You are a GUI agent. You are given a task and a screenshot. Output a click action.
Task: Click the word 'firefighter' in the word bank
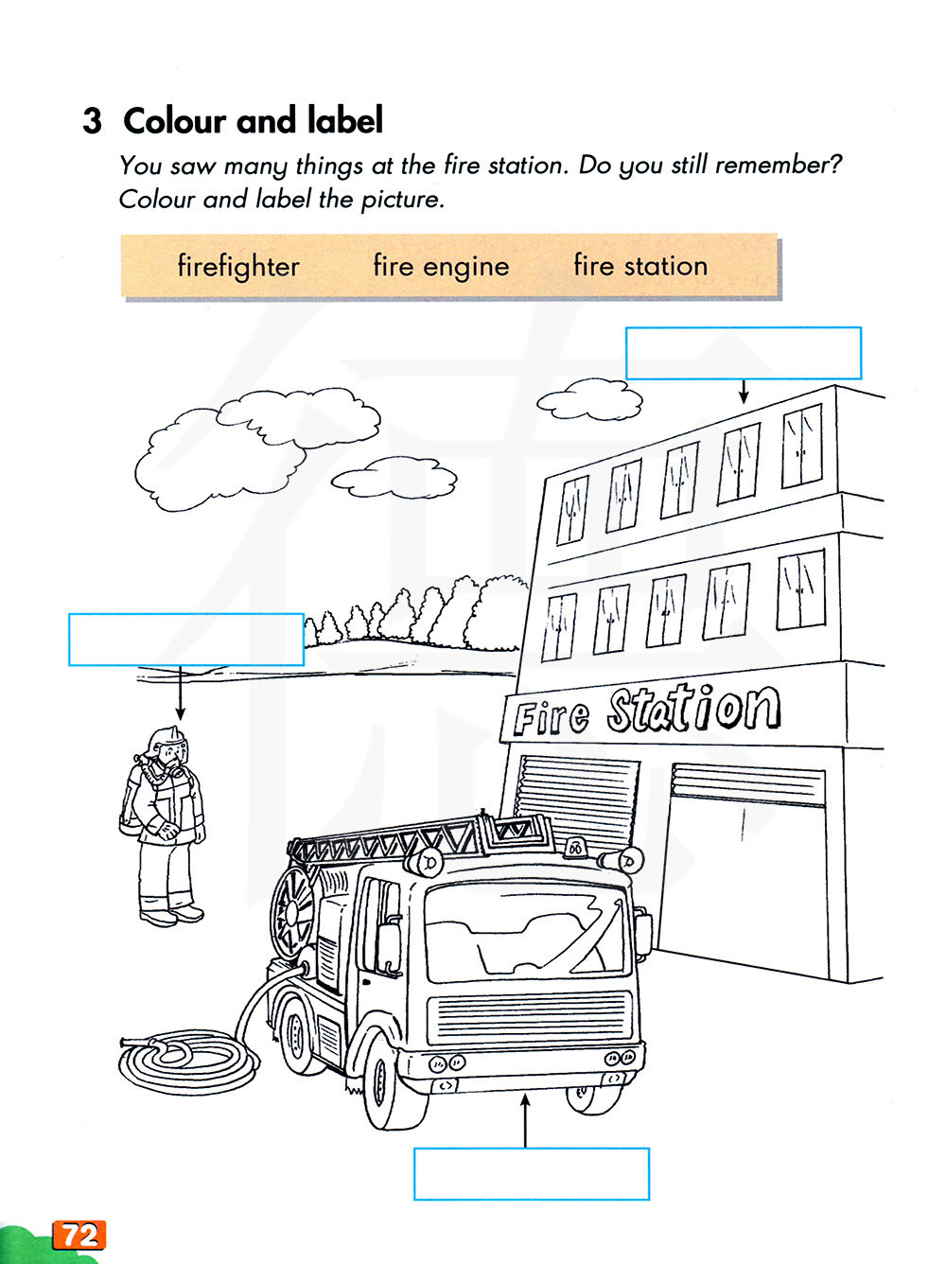click(x=238, y=267)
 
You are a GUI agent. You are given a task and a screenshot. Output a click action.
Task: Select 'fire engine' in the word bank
click(x=441, y=267)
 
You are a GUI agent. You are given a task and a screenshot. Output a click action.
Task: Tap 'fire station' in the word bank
click(x=640, y=266)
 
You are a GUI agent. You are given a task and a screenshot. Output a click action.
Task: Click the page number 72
click(x=80, y=1235)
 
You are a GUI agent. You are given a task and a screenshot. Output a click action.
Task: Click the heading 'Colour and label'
click(x=253, y=120)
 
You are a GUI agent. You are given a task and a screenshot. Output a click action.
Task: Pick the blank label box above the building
click(x=744, y=353)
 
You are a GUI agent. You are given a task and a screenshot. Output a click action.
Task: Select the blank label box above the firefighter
click(x=186, y=640)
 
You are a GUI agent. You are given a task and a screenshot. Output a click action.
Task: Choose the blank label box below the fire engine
click(x=532, y=1174)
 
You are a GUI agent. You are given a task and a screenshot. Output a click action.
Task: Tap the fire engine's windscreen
click(x=524, y=932)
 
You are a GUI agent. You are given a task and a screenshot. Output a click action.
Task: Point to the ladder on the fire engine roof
click(x=420, y=838)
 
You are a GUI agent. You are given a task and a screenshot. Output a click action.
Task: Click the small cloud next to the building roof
click(x=589, y=398)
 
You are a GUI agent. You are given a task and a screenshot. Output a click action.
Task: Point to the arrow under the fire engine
click(x=524, y=1120)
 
